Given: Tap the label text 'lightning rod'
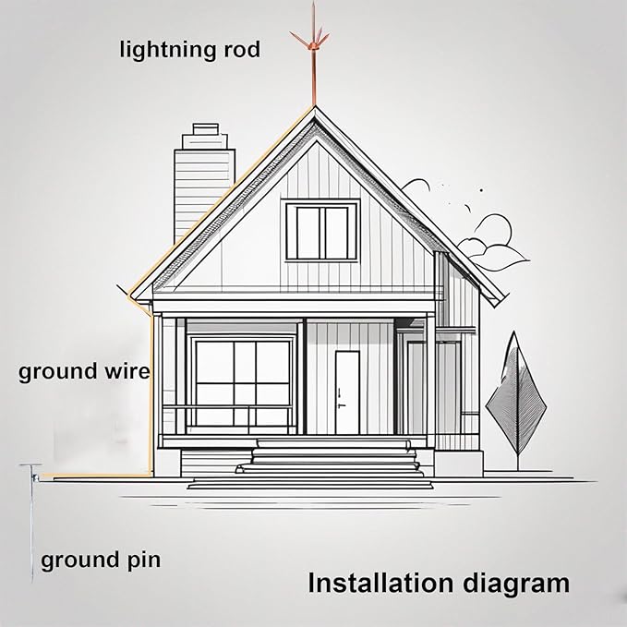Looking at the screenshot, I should click(x=189, y=50).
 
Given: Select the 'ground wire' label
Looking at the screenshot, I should click(x=84, y=372).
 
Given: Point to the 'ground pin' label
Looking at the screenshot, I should click(x=101, y=560).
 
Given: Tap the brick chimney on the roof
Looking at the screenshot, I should click(x=203, y=180).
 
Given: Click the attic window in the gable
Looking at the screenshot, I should click(x=320, y=231).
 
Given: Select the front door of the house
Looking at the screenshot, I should click(x=347, y=392).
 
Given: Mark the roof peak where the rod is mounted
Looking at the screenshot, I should click(x=314, y=110).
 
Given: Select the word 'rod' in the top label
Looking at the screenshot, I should click(x=239, y=50).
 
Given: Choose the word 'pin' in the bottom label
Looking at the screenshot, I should click(x=142, y=560).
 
